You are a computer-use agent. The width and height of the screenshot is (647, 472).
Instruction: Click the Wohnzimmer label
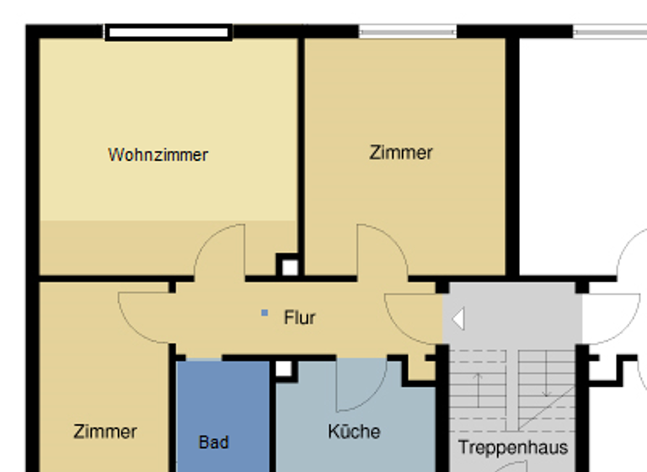click(158, 155)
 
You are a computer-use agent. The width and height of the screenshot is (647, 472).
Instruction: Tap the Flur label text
click(299, 318)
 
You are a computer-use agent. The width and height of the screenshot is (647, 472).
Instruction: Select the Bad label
click(213, 442)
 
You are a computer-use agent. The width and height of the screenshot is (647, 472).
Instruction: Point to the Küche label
click(354, 432)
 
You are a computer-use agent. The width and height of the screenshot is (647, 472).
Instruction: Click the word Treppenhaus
click(512, 447)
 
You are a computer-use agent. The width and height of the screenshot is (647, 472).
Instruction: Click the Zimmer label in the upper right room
click(401, 153)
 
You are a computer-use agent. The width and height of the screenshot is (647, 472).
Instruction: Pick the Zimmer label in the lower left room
click(105, 432)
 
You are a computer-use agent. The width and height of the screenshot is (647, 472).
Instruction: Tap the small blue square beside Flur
click(265, 313)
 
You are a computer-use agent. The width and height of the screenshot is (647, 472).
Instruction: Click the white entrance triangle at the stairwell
click(458, 319)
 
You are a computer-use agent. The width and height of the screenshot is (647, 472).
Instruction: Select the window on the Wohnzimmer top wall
click(168, 33)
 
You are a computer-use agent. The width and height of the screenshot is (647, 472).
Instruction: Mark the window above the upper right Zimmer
click(408, 32)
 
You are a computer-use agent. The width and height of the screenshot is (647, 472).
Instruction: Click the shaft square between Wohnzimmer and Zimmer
click(288, 267)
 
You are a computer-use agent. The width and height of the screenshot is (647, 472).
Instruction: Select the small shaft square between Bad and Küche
click(283, 369)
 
